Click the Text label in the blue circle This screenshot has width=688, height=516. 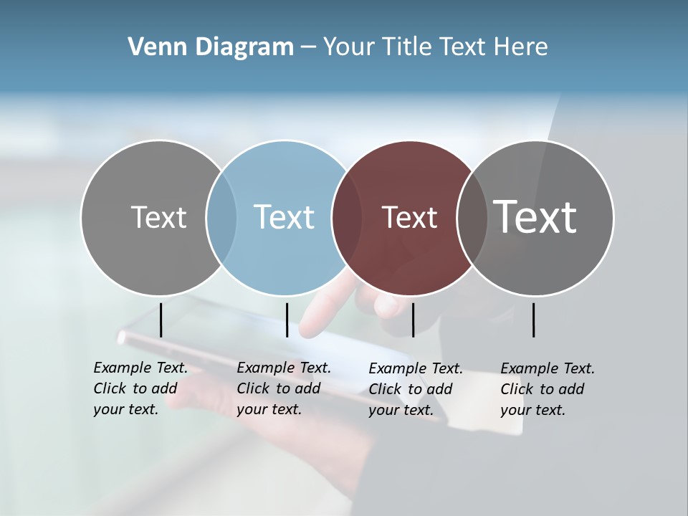[x=284, y=217]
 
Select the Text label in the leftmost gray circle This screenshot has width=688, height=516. [x=158, y=217]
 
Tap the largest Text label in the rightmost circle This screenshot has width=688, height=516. [x=535, y=216]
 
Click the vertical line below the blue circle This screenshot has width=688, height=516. [x=287, y=320]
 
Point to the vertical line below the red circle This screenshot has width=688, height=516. [x=413, y=320]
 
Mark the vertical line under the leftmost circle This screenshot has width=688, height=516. [x=161, y=320]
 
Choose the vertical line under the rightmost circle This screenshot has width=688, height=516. [x=533, y=320]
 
